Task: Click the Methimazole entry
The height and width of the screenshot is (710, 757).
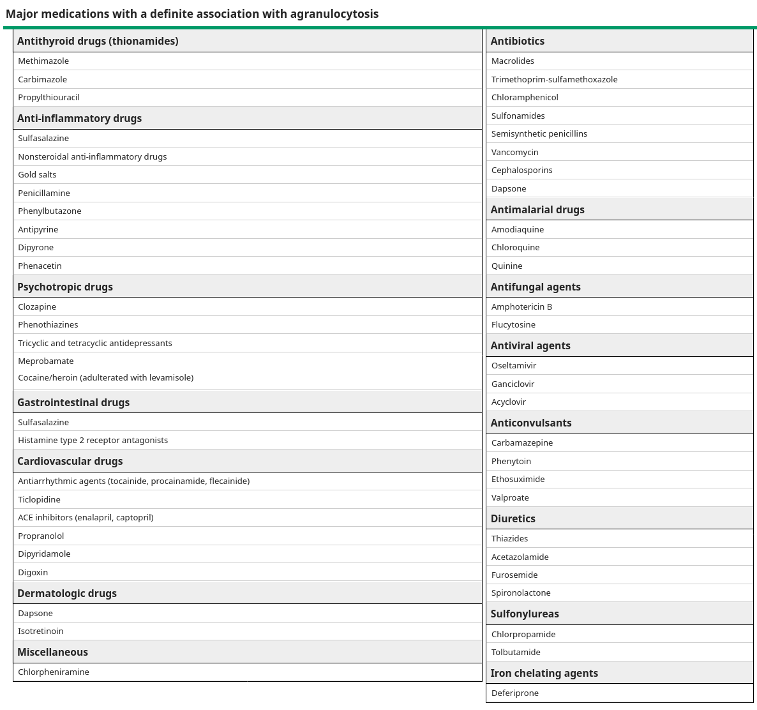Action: (x=43, y=61)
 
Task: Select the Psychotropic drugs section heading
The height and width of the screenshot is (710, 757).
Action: (x=65, y=287)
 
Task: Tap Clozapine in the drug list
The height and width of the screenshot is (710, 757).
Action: (x=37, y=307)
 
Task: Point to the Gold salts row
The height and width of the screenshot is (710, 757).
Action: (x=37, y=175)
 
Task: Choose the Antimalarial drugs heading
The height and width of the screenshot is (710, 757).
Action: (x=537, y=209)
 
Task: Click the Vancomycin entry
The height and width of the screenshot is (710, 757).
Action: (x=515, y=153)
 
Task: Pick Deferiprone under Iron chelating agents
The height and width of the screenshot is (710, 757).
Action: (x=515, y=693)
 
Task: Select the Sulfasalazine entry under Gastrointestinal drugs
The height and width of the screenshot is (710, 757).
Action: (x=43, y=423)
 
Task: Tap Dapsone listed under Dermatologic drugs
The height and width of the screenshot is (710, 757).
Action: (x=36, y=614)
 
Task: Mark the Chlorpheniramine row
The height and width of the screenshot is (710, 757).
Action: (x=54, y=672)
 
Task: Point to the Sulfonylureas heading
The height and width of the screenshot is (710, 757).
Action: (x=525, y=614)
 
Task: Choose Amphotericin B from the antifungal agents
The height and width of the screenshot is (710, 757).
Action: (x=522, y=307)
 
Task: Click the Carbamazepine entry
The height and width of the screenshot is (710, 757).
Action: (x=522, y=443)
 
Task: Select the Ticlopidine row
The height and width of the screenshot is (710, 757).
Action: (x=40, y=500)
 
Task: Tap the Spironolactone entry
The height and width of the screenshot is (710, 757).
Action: (x=521, y=593)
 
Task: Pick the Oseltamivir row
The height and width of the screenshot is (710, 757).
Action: (x=514, y=366)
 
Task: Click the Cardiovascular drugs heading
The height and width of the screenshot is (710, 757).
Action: (x=70, y=462)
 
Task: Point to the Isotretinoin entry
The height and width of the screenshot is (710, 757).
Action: (x=41, y=631)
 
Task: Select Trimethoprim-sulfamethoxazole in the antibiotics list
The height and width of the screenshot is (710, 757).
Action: (x=555, y=80)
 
